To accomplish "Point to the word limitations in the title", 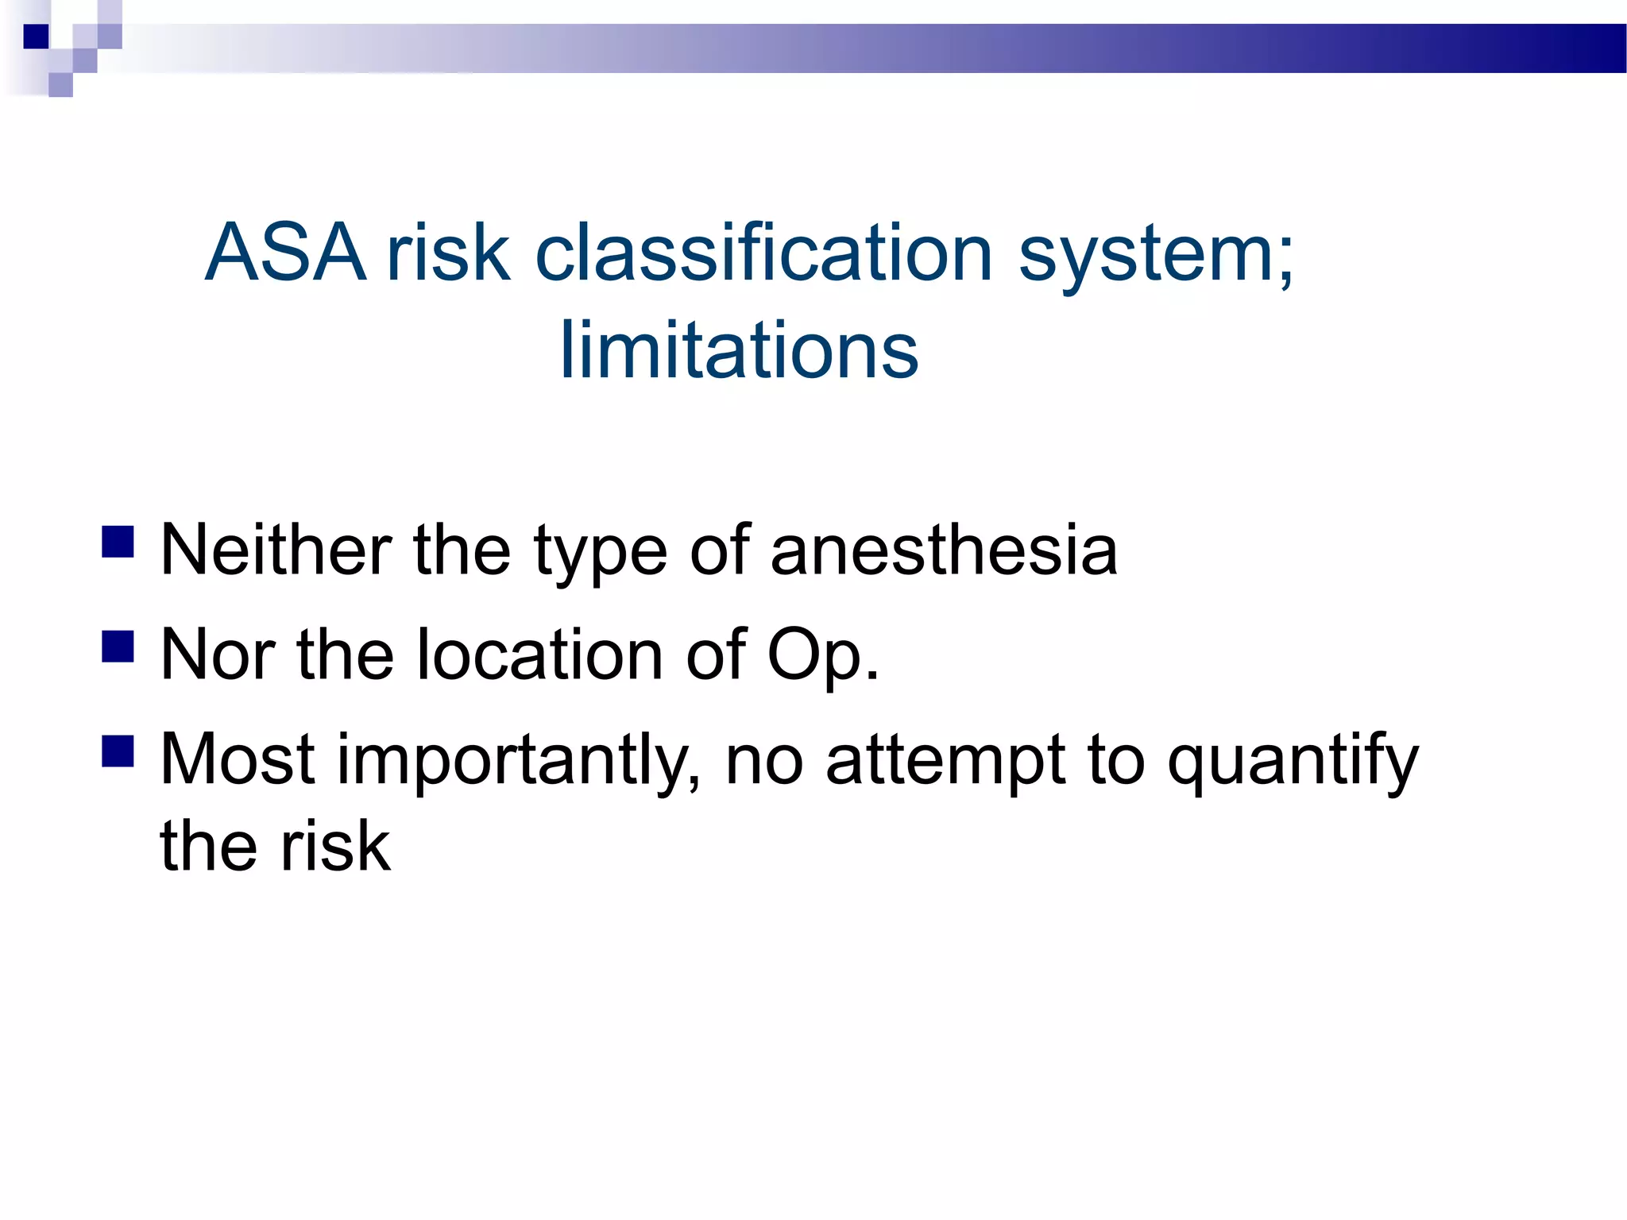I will [x=739, y=350].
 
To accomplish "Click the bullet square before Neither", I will [x=118, y=542].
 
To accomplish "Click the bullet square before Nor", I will [x=118, y=647].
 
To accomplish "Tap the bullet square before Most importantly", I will [x=118, y=751].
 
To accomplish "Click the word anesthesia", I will [x=944, y=550].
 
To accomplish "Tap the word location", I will [x=539, y=654].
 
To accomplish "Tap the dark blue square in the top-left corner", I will [x=36, y=37].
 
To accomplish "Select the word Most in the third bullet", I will [x=238, y=759].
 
